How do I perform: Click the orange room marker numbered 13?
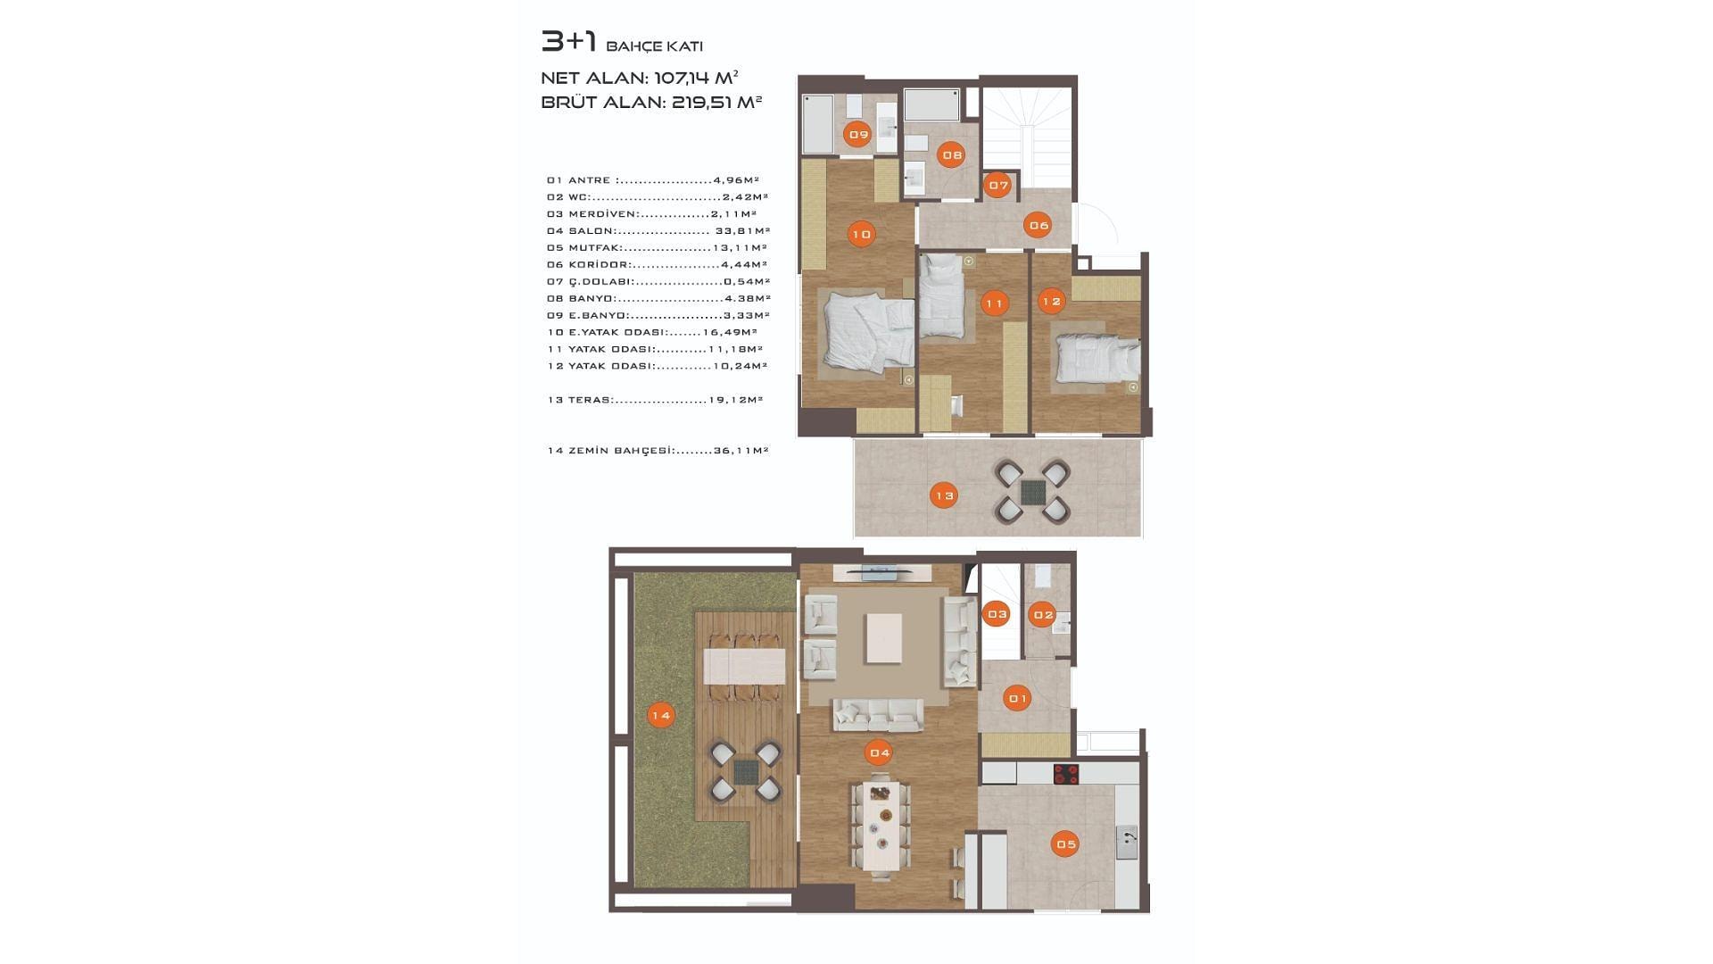click(x=943, y=495)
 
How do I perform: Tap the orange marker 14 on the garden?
click(x=660, y=715)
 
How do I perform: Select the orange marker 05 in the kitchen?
click(x=1065, y=843)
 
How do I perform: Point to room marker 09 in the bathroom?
click(x=858, y=135)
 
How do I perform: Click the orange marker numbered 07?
click(x=998, y=186)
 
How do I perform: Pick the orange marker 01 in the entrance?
click(x=1017, y=698)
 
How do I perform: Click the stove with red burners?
click(x=1066, y=774)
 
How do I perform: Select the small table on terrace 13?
click(x=1032, y=491)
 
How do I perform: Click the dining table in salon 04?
click(x=881, y=827)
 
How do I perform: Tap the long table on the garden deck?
click(x=744, y=666)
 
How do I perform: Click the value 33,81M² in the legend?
click(x=742, y=230)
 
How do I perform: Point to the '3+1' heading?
click(x=568, y=41)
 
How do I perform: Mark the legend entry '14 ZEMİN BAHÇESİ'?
click(x=610, y=450)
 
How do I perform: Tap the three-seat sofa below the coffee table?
click(x=879, y=715)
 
